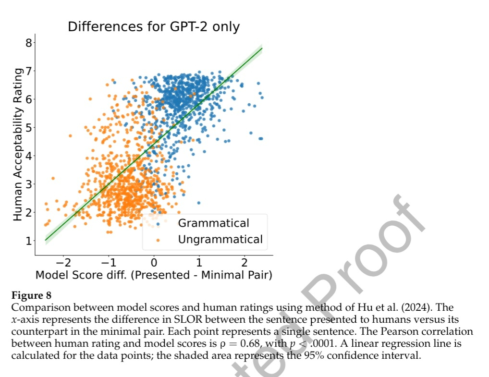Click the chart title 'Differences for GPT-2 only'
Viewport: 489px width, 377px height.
153,27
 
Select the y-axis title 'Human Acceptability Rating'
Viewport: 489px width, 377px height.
18,144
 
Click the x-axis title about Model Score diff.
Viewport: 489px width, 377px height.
154,275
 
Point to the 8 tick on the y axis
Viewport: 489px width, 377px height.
28,43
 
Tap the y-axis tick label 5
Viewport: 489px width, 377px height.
28,127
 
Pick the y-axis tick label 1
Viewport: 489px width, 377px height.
28,241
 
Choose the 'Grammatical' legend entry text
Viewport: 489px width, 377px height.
214,223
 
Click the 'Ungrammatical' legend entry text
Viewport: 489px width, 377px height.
220,239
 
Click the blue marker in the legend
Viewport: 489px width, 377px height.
159,223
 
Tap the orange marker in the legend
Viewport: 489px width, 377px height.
159,239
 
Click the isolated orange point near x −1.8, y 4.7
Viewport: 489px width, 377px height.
70,136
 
